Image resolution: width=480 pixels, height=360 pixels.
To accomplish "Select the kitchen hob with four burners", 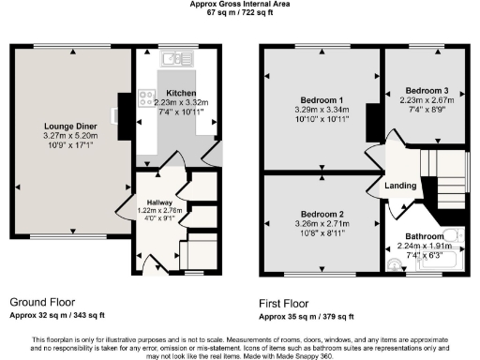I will pyautogui.click(x=147, y=96).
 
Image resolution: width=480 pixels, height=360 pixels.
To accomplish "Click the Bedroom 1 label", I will pyautogui.click(x=322, y=99).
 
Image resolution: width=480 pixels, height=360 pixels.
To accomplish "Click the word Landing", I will pyautogui.click(x=400, y=186).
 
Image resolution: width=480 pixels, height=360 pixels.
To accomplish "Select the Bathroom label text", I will pyautogui.click(x=424, y=236).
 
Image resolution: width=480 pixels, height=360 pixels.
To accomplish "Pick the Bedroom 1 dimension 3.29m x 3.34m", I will pyautogui.click(x=322, y=110).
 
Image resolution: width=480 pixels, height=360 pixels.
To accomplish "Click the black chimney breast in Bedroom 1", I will pyautogui.click(x=371, y=119).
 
